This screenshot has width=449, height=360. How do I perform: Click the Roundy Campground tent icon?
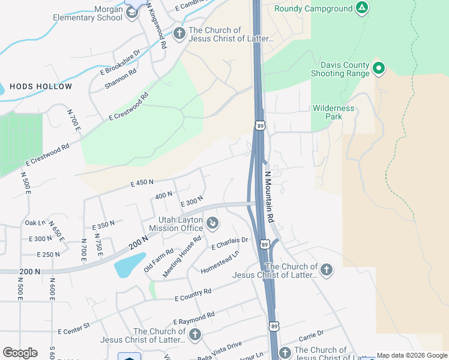[x=361, y=8]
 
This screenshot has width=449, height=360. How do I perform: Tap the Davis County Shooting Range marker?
[x=378, y=68]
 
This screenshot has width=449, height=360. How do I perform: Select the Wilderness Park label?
[x=333, y=112]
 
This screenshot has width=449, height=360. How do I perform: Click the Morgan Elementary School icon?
[x=133, y=14]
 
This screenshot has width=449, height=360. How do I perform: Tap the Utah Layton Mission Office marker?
[x=212, y=224]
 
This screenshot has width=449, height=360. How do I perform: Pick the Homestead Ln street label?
[x=220, y=262]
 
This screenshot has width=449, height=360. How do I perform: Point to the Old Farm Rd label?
[x=158, y=260]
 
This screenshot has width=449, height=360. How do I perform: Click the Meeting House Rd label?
[x=182, y=257]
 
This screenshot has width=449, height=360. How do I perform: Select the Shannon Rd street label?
[x=121, y=79]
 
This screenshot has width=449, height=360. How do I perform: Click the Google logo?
[x=20, y=353]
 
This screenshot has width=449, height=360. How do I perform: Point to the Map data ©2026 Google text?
[x=412, y=355]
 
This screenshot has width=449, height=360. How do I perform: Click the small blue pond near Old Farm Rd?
[x=129, y=265]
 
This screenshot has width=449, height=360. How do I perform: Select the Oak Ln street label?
[x=35, y=223]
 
